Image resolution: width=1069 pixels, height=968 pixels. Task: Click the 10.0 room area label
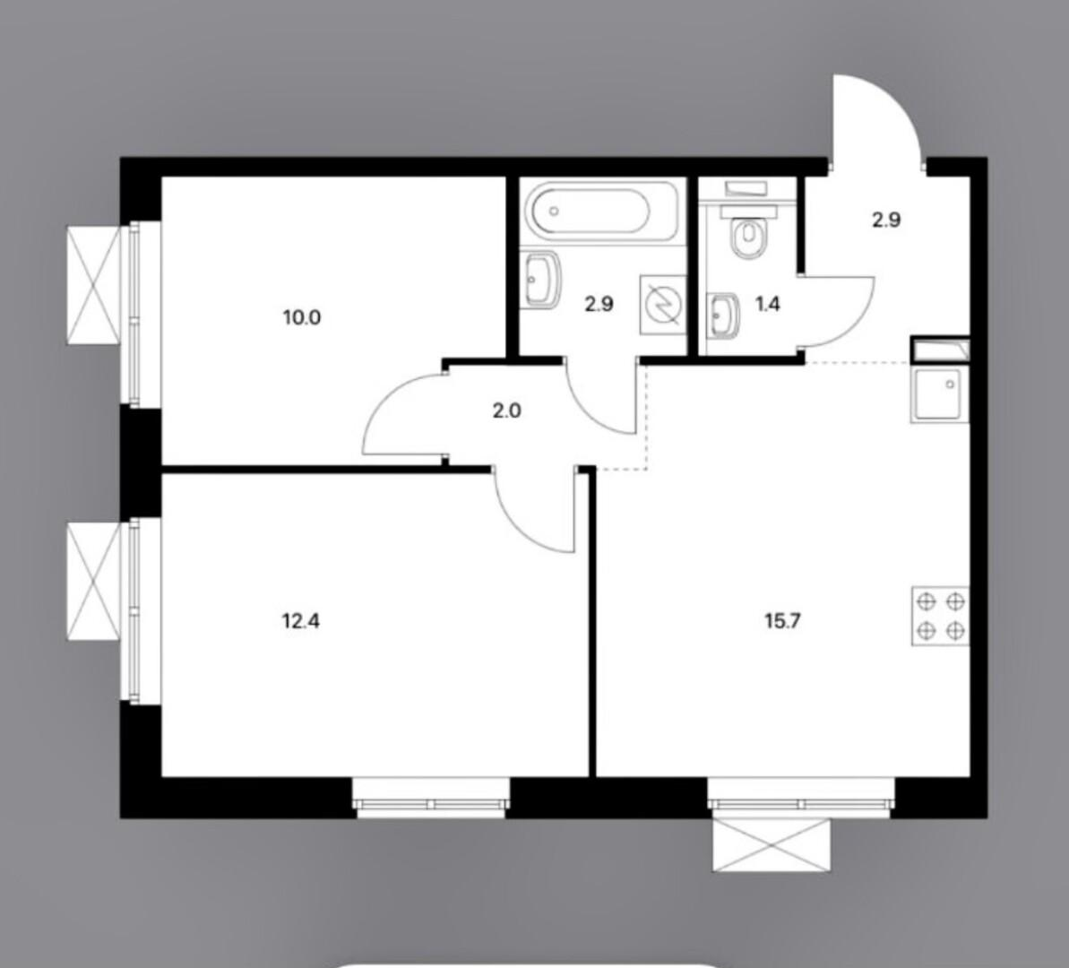click(x=302, y=317)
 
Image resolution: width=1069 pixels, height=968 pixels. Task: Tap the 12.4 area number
click(x=301, y=621)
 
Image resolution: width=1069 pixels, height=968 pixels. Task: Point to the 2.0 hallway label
click(x=506, y=411)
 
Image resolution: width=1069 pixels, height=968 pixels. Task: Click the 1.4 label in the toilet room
click(x=768, y=304)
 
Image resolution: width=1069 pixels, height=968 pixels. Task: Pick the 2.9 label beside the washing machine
click(x=599, y=304)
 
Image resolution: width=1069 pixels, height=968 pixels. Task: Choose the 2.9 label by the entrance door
click(x=887, y=220)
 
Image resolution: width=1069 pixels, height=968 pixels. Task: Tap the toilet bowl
click(x=748, y=236)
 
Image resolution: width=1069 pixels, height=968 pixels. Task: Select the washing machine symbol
click(x=662, y=304)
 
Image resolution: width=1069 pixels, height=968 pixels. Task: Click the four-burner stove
click(x=940, y=616)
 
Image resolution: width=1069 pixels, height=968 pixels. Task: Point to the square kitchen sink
click(x=939, y=395)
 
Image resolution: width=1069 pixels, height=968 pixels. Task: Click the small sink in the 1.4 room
click(x=723, y=315)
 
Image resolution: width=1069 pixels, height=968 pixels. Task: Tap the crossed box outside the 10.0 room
click(x=94, y=281)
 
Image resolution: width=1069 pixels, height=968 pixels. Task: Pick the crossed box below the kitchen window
click(x=772, y=845)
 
